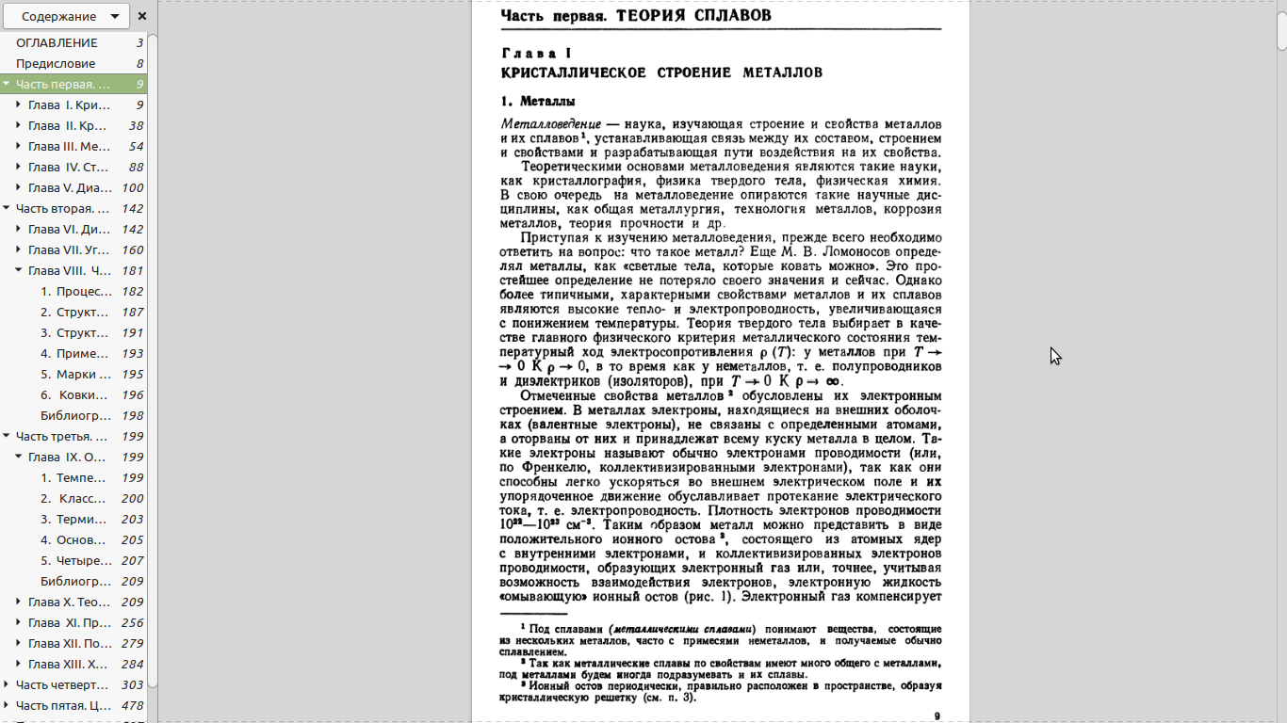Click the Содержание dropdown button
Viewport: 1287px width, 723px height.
click(65, 16)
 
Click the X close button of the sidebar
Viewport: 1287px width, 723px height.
click(141, 16)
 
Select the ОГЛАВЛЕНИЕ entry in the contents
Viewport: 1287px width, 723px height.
click(57, 42)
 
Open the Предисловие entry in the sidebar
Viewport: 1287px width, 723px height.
click(56, 63)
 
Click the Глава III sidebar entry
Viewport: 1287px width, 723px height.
click(69, 146)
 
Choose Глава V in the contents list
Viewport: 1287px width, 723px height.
click(69, 187)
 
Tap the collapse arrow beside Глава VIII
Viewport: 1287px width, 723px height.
click(19, 270)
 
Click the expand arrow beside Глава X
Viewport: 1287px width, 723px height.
click(19, 602)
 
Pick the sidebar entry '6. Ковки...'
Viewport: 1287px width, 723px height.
click(79, 394)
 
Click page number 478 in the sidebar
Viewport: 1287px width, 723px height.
click(132, 705)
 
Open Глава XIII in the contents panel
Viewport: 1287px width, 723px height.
click(69, 664)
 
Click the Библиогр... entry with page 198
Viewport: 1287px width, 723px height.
click(75, 415)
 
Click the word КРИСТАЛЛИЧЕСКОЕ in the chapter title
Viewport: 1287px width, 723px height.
click(573, 72)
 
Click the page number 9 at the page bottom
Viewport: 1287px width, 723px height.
click(937, 716)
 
